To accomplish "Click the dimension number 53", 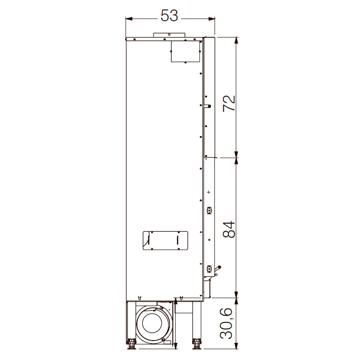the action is tap(169, 16).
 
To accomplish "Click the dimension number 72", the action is tap(229, 103).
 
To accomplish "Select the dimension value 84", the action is tap(229, 229).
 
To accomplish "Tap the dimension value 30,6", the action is tap(226, 324).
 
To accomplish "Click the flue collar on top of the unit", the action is tap(169, 35).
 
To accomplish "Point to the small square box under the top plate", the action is tap(186, 51).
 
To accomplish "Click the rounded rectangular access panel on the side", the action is tap(165, 240).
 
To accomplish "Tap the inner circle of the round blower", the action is tap(152, 323).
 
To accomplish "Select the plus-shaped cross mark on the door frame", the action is tap(209, 192).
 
